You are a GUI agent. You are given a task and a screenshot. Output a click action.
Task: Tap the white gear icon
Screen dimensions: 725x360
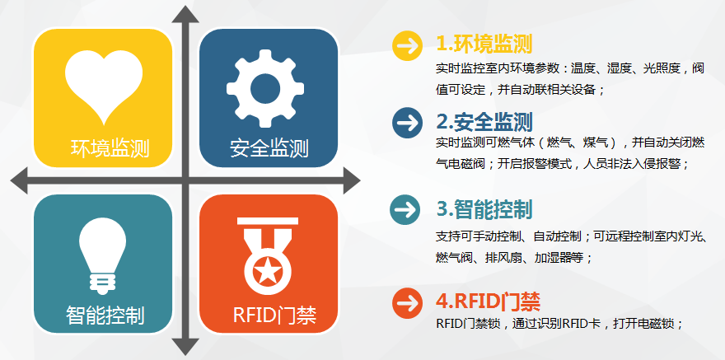click(265, 88)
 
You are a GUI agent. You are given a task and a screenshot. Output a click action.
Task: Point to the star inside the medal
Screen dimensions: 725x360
click(267, 273)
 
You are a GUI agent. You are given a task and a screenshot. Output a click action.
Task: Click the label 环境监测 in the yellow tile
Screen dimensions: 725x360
click(110, 148)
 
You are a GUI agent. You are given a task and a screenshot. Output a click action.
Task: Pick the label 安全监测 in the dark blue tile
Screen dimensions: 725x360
click(269, 148)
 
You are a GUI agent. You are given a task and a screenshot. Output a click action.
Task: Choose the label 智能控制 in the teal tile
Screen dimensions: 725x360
click(105, 316)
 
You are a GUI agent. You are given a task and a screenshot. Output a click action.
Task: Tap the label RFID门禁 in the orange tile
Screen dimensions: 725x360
click(274, 316)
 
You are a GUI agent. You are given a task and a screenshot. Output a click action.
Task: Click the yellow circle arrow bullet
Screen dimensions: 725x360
click(407, 45)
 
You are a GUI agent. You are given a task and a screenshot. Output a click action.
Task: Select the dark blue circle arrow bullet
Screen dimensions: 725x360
click(407, 123)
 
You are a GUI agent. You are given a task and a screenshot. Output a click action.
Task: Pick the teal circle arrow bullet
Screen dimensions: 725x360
click(405, 210)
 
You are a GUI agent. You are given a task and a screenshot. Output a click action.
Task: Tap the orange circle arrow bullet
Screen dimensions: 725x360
click(407, 302)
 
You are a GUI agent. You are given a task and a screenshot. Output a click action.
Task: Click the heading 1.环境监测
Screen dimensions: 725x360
click(484, 44)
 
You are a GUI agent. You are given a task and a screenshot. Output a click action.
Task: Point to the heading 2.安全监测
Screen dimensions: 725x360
click(484, 122)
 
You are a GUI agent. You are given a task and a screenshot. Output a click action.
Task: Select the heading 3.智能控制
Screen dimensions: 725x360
click(484, 209)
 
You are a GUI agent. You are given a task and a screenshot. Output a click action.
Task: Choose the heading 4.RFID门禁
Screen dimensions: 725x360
click(488, 302)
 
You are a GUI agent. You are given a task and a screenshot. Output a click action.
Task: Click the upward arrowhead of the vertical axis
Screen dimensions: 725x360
click(185, 14)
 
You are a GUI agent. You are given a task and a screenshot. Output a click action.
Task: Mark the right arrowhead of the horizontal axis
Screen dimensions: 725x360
click(352, 180)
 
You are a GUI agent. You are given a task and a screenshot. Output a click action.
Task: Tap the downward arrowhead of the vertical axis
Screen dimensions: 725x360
click(185, 347)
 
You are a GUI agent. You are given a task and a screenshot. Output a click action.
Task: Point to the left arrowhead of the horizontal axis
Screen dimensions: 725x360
click(19, 180)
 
